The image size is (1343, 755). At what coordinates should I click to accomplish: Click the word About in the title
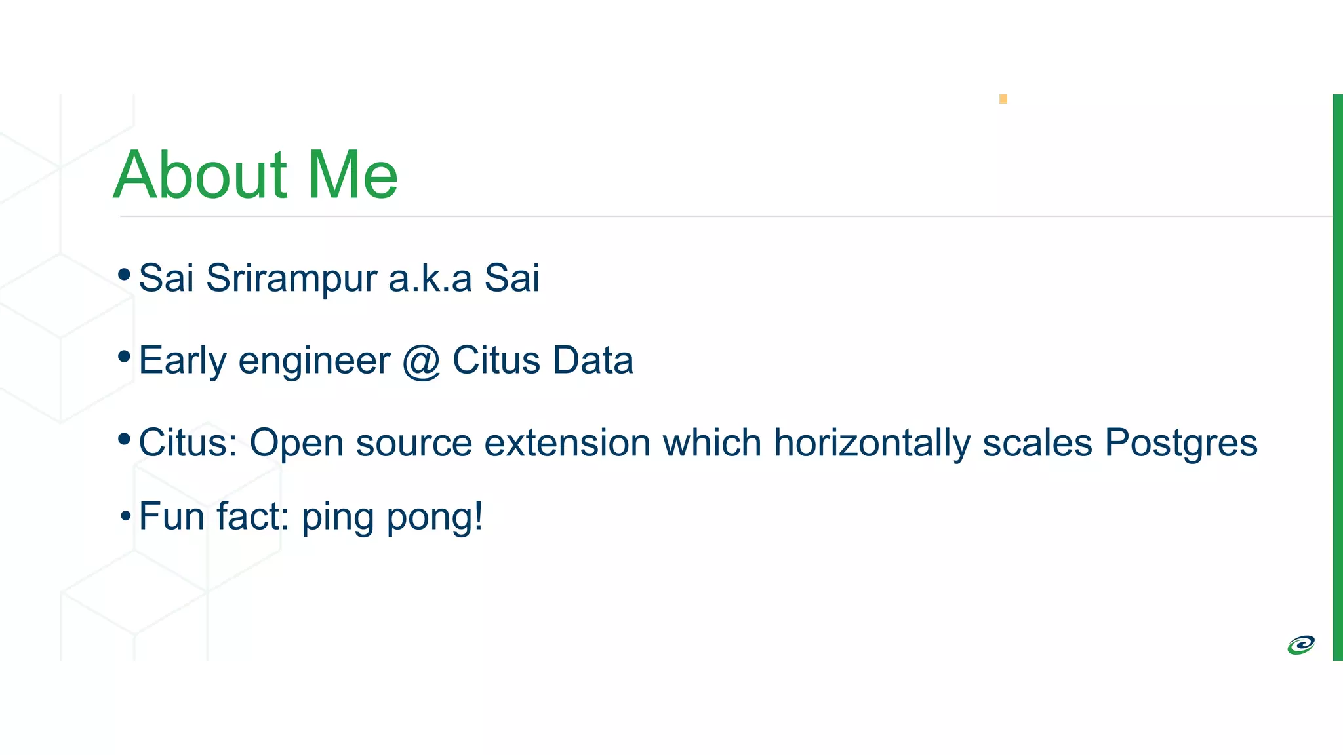pos(200,175)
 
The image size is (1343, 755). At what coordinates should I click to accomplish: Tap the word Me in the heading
pos(353,175)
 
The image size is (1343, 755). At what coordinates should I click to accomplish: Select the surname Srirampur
pos(291,279)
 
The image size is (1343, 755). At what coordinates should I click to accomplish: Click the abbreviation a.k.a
pos(430,278)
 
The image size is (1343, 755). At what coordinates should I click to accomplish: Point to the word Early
pos(182,361)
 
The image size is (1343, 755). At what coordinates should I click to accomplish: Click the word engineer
pos(314,361)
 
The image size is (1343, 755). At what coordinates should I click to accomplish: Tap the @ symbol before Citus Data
pos(421,361)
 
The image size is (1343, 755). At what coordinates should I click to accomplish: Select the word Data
pos(593,360)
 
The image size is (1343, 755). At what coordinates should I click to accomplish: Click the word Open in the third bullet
pos(296,444)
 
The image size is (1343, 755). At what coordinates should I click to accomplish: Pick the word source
pos(414,443)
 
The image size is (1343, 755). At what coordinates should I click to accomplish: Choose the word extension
pos(567,443)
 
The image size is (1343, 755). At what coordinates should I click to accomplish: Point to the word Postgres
pos(1181,444)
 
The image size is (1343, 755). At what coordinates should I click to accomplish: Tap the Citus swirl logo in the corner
pos(1301,645)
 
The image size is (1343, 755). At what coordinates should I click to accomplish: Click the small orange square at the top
pos(1003,99)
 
